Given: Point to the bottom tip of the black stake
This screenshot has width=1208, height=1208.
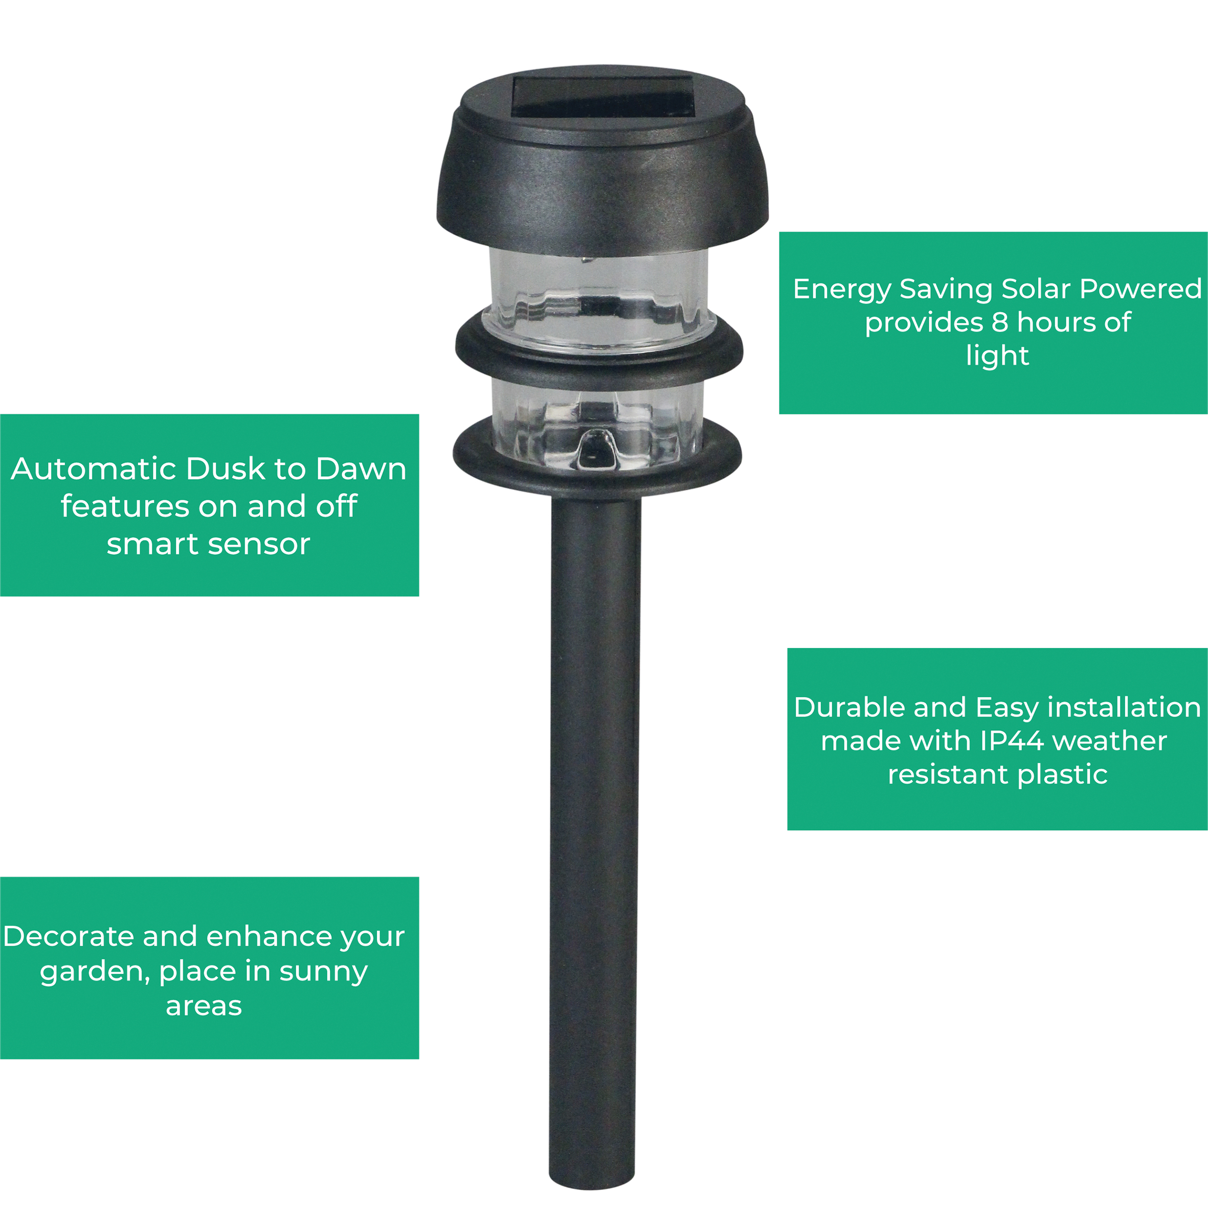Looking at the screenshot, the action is [592, 1187].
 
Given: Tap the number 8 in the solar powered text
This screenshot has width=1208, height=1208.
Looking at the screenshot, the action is [1000, 323].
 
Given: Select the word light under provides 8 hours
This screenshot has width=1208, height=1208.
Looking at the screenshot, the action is [997, 356].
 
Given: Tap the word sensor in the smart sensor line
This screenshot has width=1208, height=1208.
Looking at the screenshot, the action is [259, 545].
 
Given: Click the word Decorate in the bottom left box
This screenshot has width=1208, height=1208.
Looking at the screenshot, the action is [69, 936].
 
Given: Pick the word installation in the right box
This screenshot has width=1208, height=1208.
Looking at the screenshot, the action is [1124, 707].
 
